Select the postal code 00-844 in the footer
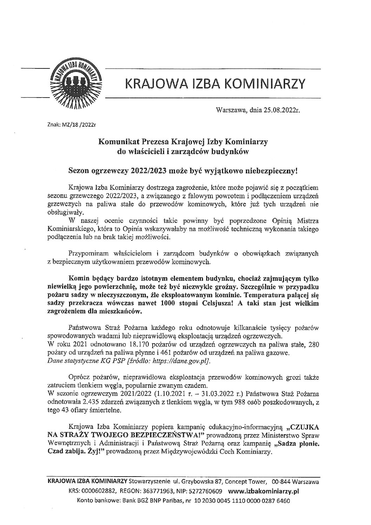click(x=279, y=483)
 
